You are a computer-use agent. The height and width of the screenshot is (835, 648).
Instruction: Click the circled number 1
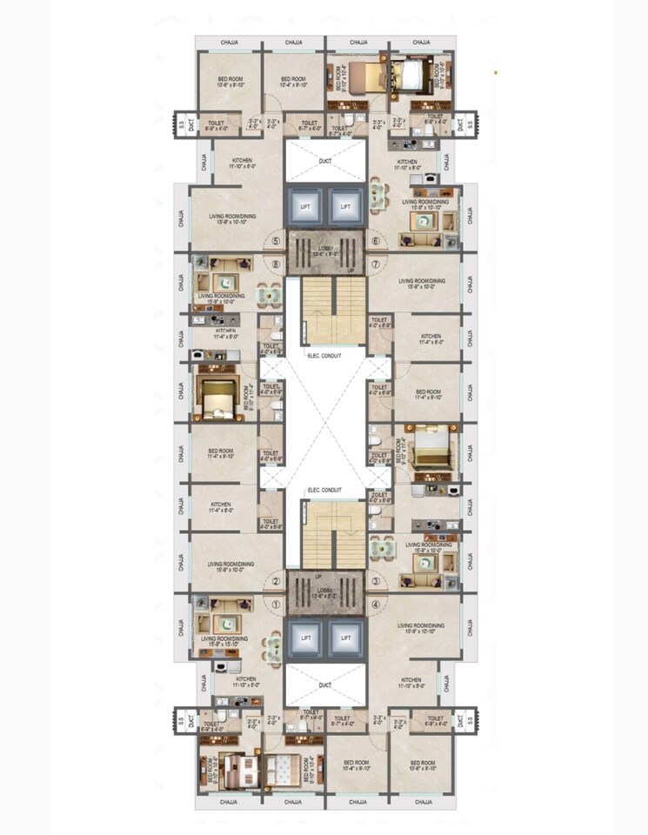pyautogui.click(x=277, y=605)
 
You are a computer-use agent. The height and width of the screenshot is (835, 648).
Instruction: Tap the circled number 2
pyautogui.click(x=277, y=583)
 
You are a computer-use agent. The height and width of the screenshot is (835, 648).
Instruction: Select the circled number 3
pyautogui.click(x=376, y=583)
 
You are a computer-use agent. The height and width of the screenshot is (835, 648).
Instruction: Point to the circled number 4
pyautogui.click(x=376, y=605)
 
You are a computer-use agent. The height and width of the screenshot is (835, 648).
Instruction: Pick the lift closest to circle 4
pyautogui.click(x=346, y=638)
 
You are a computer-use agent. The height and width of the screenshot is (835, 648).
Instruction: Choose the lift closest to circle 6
pyautogui.click(x=346, y=207)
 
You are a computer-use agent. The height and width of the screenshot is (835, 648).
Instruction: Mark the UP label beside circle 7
pyautogui.click(x=351, y=271)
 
